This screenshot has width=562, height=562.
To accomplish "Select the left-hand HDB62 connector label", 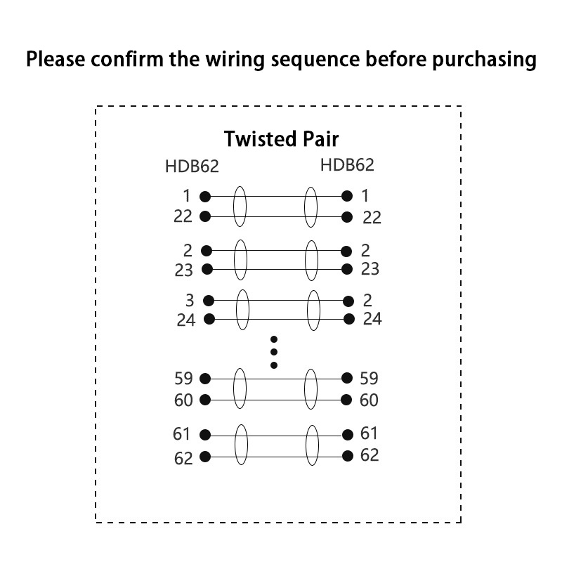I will (192, 167).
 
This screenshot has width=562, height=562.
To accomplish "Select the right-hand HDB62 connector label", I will (347, 166).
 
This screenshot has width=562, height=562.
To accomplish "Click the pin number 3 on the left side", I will (190, 301).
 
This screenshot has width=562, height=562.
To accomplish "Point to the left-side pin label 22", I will (183, 216).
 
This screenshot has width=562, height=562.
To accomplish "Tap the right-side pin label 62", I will (370, 455).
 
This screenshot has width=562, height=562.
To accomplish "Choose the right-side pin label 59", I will (369, 379).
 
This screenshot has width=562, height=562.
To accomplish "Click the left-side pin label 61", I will (182, 434).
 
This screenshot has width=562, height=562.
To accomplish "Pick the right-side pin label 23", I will (370, 269).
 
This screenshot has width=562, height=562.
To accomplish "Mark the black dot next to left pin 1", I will (205, 197).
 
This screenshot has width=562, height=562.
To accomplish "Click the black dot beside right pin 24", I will (349, 320).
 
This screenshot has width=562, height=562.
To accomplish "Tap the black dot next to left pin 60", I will (205, 400).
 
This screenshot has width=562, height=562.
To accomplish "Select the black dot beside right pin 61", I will (347, 435).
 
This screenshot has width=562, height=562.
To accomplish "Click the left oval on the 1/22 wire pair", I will (240, 207).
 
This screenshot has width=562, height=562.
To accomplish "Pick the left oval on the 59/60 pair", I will (240, 389).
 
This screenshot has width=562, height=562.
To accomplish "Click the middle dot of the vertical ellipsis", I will (274, 352).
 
